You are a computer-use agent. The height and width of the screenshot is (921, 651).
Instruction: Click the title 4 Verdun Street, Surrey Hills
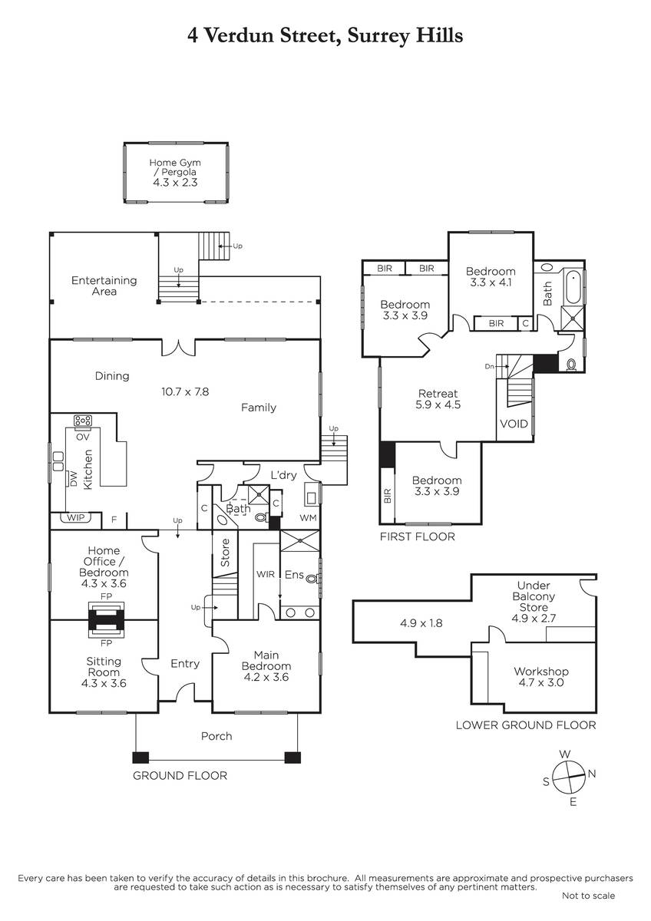pos(325,36)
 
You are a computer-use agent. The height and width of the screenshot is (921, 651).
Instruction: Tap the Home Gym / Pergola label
pos(177,173)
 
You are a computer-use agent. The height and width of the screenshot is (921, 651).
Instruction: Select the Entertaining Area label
pos(104,286)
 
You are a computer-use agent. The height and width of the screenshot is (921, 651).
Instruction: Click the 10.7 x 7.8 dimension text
pos(184,391)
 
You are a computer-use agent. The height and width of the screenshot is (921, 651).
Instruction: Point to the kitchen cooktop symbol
pos(82,421)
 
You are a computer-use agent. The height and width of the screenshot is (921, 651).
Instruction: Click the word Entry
pos(185,664)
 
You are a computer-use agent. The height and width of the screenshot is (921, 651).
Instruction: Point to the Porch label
pos(216,736)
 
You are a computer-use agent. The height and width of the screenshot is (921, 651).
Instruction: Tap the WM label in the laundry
pos(308,519)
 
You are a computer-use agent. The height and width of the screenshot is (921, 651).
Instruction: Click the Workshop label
pos(541,677)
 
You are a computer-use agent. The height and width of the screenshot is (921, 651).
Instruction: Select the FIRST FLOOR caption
pos(417,536)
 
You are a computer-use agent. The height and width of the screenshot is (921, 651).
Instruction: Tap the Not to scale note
pos(588,896)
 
